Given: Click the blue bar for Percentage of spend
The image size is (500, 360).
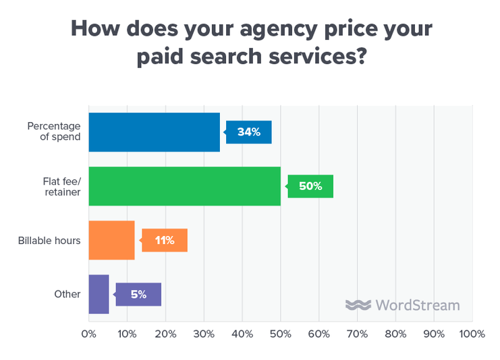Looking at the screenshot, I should pos(155,132).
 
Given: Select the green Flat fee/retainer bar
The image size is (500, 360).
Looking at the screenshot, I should pos(184,186).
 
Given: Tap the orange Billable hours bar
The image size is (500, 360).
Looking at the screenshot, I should pos(112,240).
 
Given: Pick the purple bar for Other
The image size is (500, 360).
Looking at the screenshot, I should pos(99,294).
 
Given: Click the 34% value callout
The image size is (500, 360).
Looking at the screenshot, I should pos(249,132).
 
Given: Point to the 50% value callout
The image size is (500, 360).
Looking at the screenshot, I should pos(310,186).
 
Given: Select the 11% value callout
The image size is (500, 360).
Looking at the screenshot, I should pos(164,240).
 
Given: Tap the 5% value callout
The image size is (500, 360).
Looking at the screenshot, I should pos(138,294).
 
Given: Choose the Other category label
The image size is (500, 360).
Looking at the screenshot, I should pos(67,294).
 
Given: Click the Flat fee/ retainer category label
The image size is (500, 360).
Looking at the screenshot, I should pos(61,186).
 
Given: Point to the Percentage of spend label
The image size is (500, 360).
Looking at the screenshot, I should pos(54,131).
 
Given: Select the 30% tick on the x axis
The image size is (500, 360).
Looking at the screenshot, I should pos(204,334).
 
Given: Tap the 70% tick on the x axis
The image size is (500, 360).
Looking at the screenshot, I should pos(357,334).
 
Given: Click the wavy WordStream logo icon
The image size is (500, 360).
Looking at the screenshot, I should pos(358,305).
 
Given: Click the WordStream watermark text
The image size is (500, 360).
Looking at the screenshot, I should pos(417,305).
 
